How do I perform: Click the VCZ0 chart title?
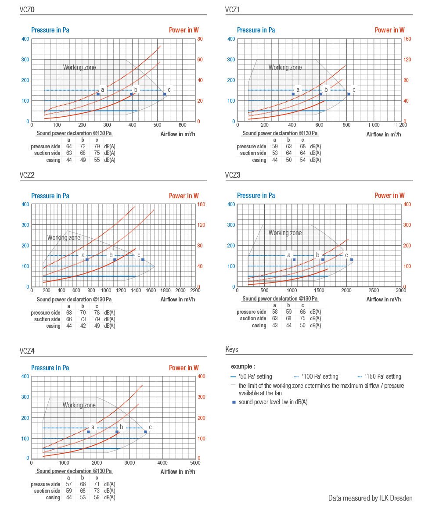tap(27, 9)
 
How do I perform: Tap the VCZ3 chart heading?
tap(233, 175)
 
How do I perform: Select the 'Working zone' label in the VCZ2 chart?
tap(64, 238)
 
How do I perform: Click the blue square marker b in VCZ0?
tap(131, 94)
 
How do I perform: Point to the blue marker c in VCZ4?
tap(145, 432)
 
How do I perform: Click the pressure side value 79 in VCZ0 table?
tap(97, 146)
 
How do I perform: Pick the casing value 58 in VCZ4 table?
tap(97, 498)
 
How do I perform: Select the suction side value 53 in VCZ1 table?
tap(275, 153)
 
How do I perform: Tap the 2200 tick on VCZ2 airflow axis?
tap(195, 290)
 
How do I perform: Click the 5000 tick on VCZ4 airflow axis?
tap(195, 462)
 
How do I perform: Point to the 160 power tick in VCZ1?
tap(407, 39)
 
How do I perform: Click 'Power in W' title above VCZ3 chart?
tap(389, 196)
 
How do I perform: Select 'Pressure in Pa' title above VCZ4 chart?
tap(50, 368)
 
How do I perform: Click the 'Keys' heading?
tap(232, 350)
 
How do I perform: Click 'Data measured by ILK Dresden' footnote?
tap(370, 498)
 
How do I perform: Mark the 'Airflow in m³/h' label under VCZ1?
tap(383, 134)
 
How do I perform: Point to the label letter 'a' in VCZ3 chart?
tap(289, 255)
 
